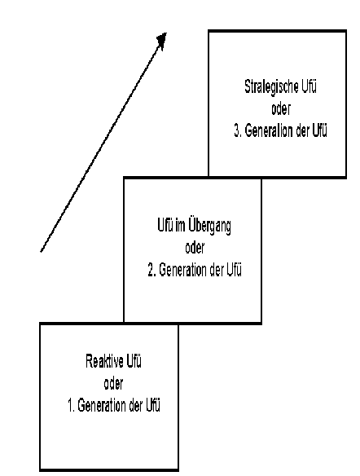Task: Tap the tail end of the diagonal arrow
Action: [x=41, y=251]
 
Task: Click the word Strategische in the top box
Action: [x=267, y=87]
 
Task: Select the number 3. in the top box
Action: [x=238, y=131]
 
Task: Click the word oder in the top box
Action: [x=281, y=109]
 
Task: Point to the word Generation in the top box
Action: [x=269, y=131]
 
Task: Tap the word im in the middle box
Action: [x=180, y=226]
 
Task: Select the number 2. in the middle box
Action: [x=152, y=270]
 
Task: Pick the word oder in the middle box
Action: [x=195, y=248]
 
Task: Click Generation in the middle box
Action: [x=183, y=270]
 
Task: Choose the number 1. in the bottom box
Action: [x=71, y=406]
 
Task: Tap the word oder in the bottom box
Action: [x=113, y=384]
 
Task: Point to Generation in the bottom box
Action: [x=102, y=406]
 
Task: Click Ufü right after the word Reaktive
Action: [x=134, y=361]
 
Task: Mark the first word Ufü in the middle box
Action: [x=165, y=226]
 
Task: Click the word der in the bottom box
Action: [x=136, y=406]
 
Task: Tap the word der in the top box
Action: [x=302, y=131]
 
